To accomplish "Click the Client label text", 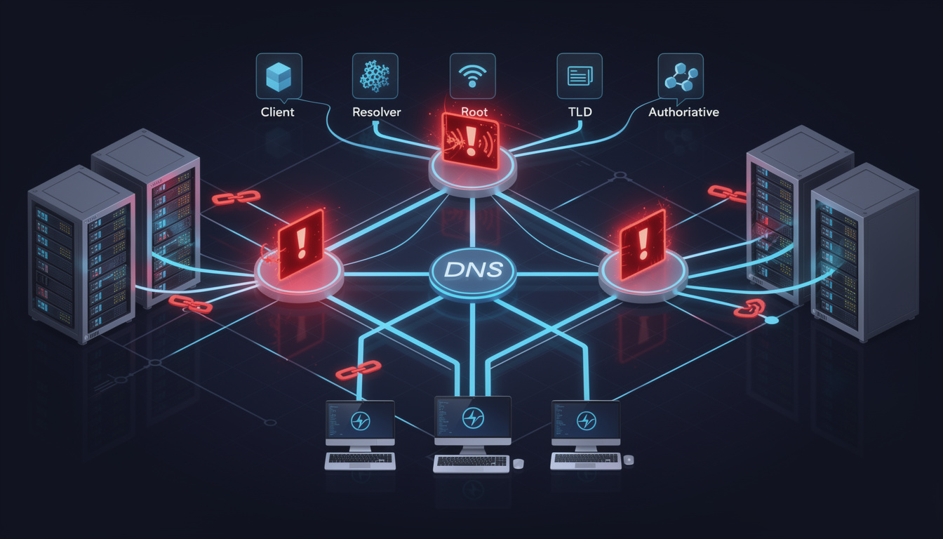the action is [277, 112].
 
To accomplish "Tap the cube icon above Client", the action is [279, 77].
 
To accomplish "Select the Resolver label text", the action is [376, 112].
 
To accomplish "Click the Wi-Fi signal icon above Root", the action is [472, 76].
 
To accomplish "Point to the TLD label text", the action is [580, 112].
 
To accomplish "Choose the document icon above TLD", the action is [580, 76].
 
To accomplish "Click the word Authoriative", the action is [683, 112].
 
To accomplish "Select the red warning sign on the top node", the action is [471, 142].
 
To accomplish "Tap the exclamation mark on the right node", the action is [643, 244].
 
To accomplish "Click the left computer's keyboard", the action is [360, 461].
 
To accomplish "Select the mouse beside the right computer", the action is [628, 460].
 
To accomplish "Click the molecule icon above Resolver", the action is [375, 76].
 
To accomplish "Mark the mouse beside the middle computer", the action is [519, 464].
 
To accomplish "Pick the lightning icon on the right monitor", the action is [586, 421].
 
